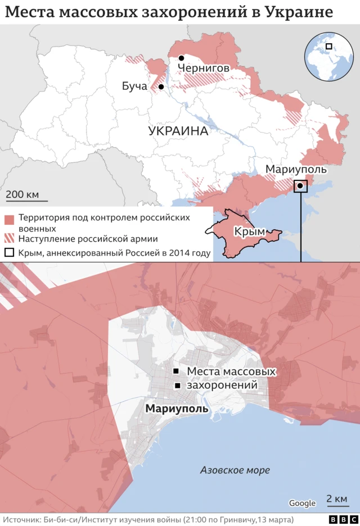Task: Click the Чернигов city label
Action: (x=203, y=69)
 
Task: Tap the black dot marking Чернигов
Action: (x=182, y=58)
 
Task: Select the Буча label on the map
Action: (x=134, y=87)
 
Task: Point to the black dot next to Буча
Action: (x=161, y=87)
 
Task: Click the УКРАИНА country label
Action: (x=178, y=131)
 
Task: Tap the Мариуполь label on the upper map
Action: (x=295, y=170)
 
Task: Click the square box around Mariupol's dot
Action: (x=301, y=186)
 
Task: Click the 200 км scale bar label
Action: (x=22, y=194)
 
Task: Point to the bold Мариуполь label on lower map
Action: (x=177, y=409)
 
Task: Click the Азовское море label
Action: (x=235, y=470)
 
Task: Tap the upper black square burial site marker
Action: (x=176, y=371)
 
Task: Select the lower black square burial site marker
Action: (x=178, y=386)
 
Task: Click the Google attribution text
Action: (x=302, y=504)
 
